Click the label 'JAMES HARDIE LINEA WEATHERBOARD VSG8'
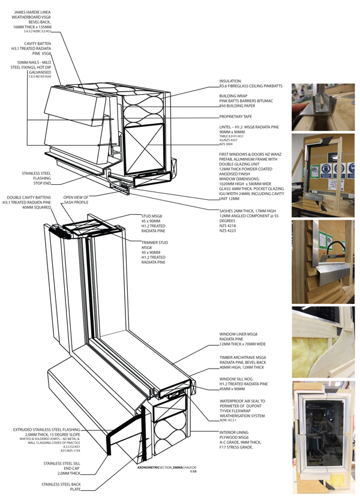(x=31, y=15)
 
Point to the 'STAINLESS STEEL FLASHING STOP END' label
(x=37, y=178)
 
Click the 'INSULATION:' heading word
(x=230, y=80)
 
